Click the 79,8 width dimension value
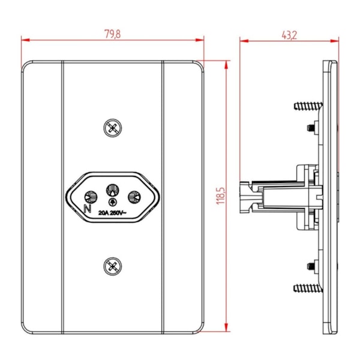point(113,34)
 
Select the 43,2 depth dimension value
point(289,35)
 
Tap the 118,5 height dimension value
point(221,196)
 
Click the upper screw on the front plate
point(113,128)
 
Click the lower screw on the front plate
point(113,266)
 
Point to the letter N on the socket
point(87,209)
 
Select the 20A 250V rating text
point(112,213)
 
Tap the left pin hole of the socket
point(91,197)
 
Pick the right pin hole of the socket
point(134,197)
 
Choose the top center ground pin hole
point(113,190)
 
